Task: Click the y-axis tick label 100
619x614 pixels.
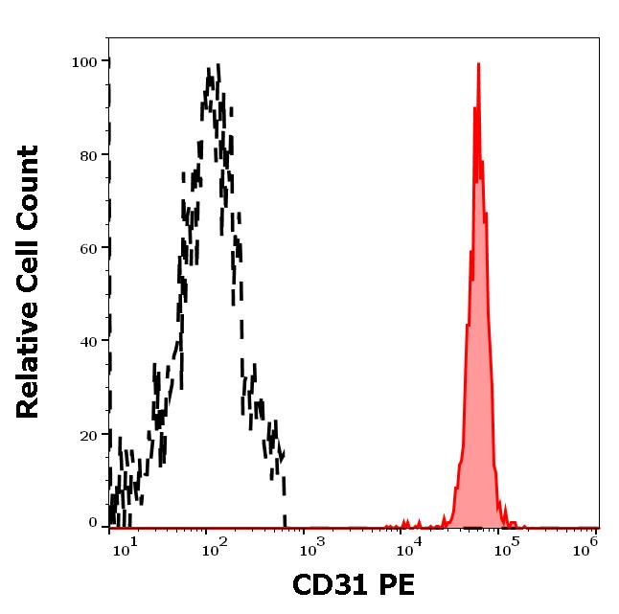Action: point(84,62)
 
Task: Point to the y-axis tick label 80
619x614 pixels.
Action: point(88,155)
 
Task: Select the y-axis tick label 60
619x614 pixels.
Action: point(88,248)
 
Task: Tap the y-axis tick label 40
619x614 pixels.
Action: point(88,341)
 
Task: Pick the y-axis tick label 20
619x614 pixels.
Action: point(88,434)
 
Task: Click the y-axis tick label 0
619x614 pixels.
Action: point(93,523)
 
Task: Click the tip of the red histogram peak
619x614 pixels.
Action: point(478,64)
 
